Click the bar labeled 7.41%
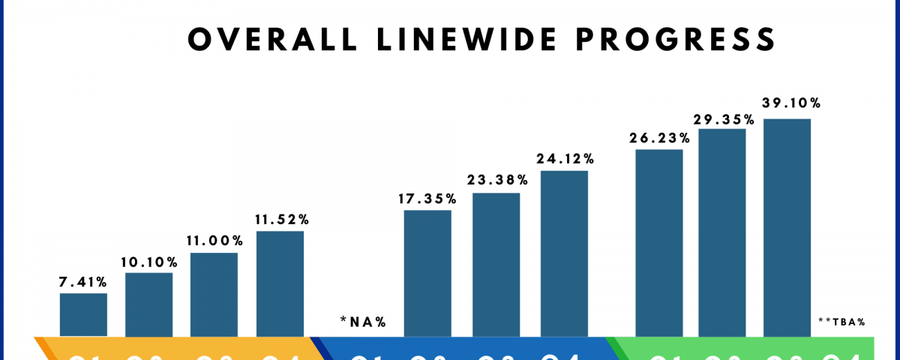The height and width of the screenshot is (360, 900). pyautogui.click(x=83, y=314)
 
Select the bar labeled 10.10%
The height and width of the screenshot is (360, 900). pyautogui.click(x=148, y=304)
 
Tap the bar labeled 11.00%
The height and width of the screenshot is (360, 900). pyautogui.click(x=214, y=294)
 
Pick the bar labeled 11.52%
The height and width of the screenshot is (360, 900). pyautogui.click(x=280, y=283)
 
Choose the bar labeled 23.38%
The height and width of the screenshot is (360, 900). pyautogui.click(x=496, y=264)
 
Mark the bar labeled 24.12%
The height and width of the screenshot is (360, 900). pyautogui.click(x=564, y=253)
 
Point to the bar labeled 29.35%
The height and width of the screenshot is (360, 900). pyautogui.click(x=722, y=232)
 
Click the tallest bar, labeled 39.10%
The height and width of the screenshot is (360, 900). pyautogui.click(x=787, y=226)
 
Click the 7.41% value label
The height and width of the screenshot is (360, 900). pyautogui.click(x=83, y=282)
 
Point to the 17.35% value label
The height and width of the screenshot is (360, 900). pyautogui.click(x=427, y=199)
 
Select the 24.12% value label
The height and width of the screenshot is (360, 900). pyautogui.click(x=564, y=159)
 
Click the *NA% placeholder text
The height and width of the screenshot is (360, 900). pyautogui.click(x=363, y=322)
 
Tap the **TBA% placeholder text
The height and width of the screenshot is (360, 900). pyautogui.click(x=841, y=322)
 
